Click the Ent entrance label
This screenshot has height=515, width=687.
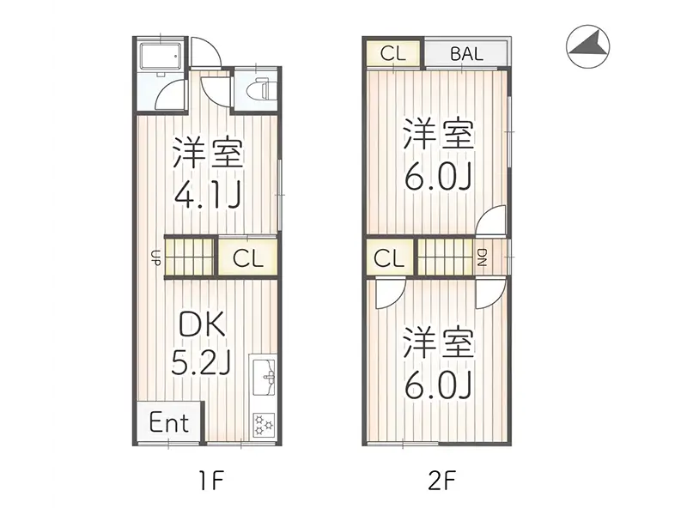[169, 423]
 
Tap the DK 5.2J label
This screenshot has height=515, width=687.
[202, 343]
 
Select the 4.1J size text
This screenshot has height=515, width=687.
[207, 195]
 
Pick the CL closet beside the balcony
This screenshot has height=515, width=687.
[392, 52]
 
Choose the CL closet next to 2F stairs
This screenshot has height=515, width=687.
[389, 257]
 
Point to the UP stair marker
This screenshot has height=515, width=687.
[155, 256]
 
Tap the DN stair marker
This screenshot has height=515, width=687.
[482, 257]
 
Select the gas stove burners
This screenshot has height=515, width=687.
[264, 423]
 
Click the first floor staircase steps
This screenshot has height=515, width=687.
[189, 256]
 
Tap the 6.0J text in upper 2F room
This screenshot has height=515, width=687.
[439, 177]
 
